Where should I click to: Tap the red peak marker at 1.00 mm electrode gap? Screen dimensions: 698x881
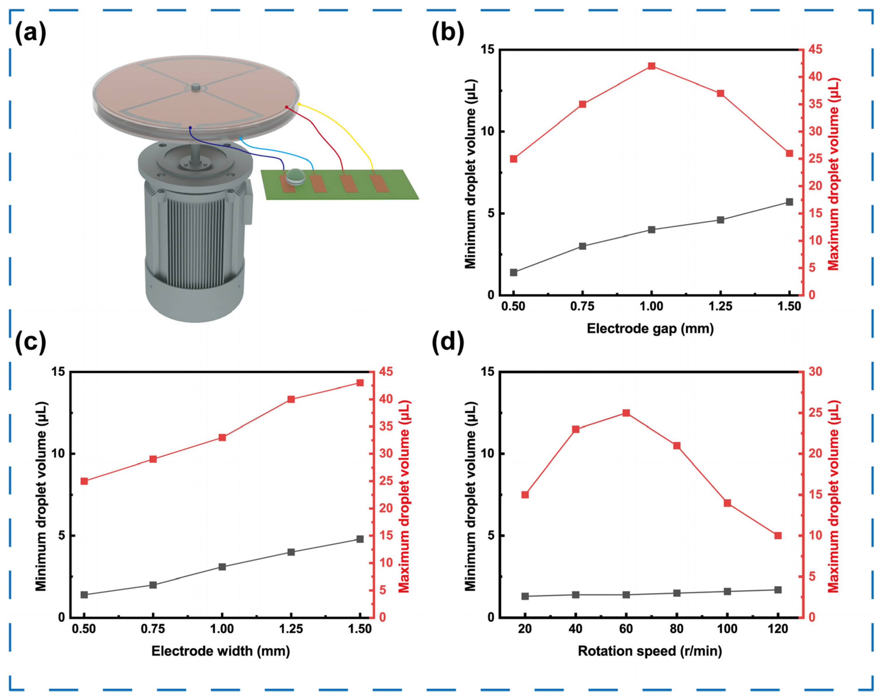coord(652,66)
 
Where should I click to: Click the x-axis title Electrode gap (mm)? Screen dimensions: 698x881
coord(650,329)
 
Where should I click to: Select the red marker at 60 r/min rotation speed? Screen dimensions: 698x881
coord(626,413)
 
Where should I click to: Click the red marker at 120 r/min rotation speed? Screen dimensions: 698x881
coord(778,535)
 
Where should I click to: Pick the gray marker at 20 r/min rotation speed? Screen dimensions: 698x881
coord(525,596)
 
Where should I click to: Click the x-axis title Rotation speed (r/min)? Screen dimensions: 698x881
coord(650,651)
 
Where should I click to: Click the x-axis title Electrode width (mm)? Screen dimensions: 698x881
coord(221,651)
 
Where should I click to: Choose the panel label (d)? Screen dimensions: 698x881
coord(448,341)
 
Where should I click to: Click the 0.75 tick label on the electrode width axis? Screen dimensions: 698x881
coord(153,629)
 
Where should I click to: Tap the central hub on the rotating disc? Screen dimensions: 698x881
coord(196,87)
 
